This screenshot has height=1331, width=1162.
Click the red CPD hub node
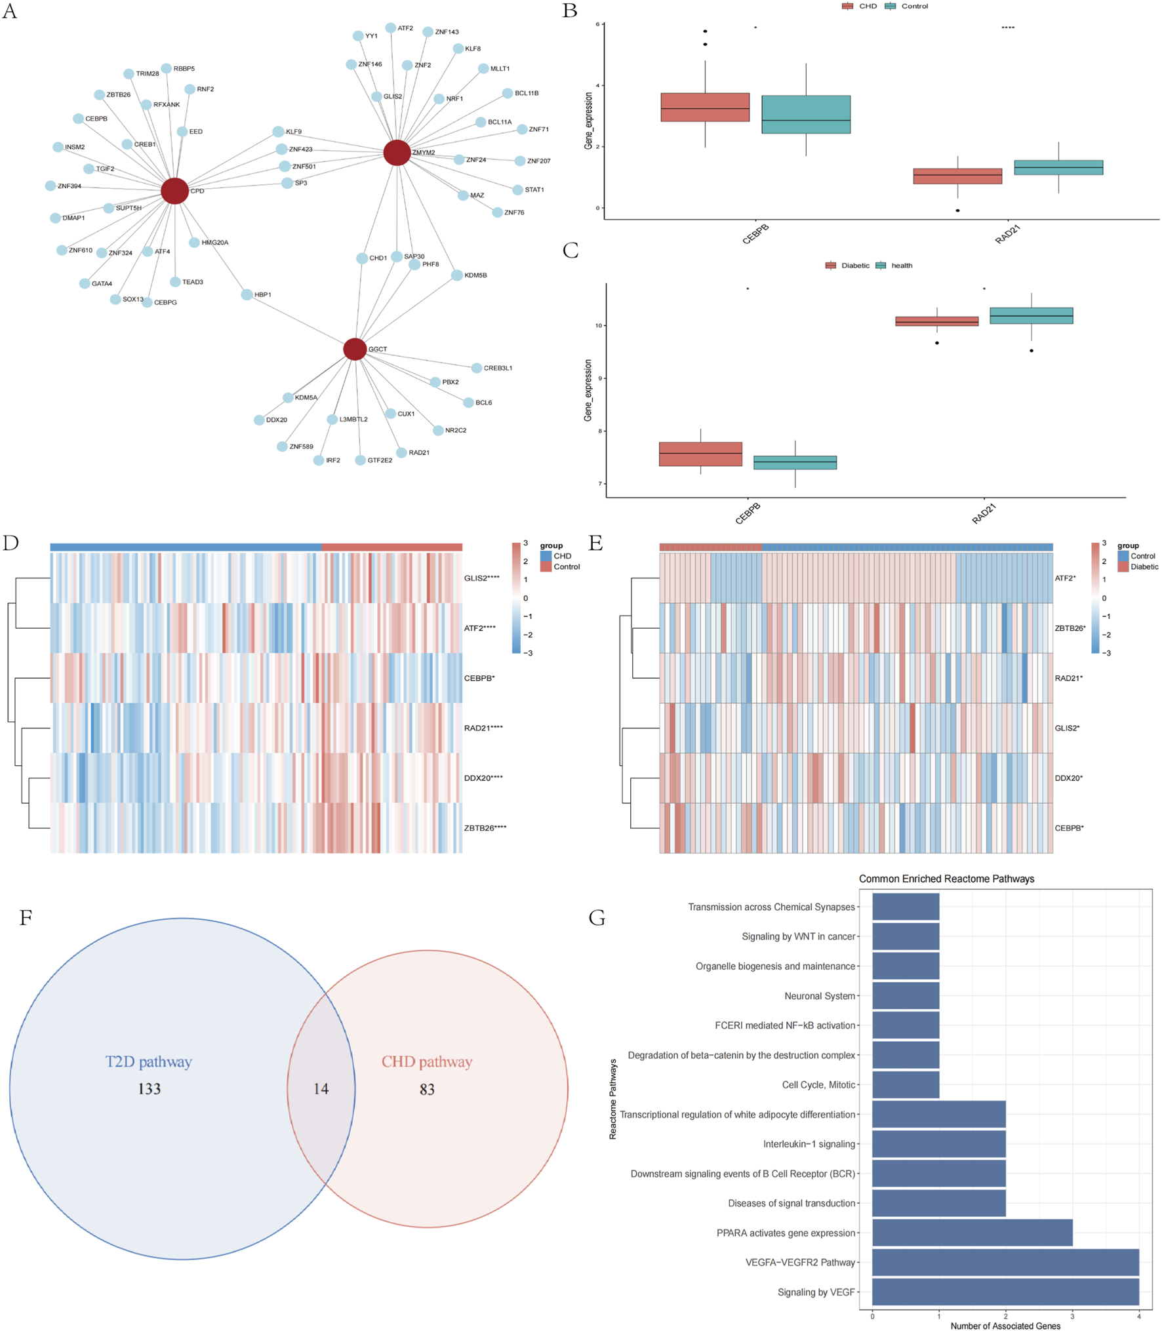point(174,191)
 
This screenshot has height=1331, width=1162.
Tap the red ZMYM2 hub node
point(397,153)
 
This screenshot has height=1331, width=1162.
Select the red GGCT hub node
point(355,349)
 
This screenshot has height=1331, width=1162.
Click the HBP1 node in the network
point(247,294)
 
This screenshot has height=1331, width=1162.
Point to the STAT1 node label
point(534,190)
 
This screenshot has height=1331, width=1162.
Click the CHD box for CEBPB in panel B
point(705,108)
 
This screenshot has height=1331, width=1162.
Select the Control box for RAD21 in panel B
point(1058,167)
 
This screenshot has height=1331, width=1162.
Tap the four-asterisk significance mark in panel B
point(1007,28)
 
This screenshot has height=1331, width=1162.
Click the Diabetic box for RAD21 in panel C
point(936,321)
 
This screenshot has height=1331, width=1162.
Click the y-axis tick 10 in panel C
point(598,325)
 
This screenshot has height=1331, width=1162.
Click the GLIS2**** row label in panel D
point(481,578)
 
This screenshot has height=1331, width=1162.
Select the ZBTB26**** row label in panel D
point(485,828)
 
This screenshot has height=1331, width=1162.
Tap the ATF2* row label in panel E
point(1064,578)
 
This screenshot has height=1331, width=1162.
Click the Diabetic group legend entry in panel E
point(1144,566)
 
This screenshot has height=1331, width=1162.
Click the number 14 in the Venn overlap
point(321,1089)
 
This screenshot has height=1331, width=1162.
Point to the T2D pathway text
point(149,1062)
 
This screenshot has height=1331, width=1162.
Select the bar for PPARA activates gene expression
point(971,1233)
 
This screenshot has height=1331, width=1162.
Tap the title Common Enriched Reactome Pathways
point(946,879)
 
